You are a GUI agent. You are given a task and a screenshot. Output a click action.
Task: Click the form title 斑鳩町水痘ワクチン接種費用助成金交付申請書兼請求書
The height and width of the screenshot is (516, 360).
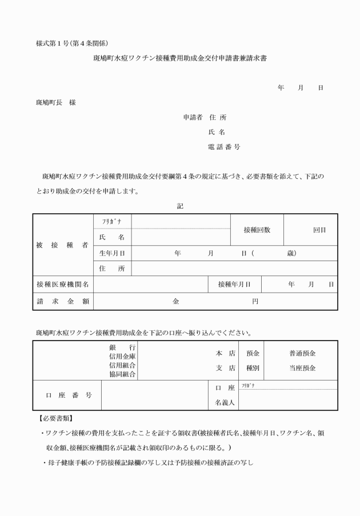[x=179, y=58]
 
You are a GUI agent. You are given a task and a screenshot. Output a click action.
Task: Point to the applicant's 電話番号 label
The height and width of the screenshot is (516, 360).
[x=223, y=147]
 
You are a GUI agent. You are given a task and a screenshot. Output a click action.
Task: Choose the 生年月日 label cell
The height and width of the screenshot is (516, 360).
[x=112, y=253]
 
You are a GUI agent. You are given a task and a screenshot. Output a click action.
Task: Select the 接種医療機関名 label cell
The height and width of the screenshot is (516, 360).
[x=63, y=284]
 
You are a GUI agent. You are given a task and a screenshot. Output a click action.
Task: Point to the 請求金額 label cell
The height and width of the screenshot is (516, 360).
[x=63, y=301]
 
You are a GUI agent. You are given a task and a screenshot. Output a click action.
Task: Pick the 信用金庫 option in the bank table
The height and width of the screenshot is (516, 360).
[x=122, y=357]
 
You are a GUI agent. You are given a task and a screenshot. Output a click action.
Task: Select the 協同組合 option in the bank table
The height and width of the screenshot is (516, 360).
[x=122, y=374]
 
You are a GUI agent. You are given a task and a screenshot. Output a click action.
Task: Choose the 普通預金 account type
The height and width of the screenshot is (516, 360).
[x=302, y=354]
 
